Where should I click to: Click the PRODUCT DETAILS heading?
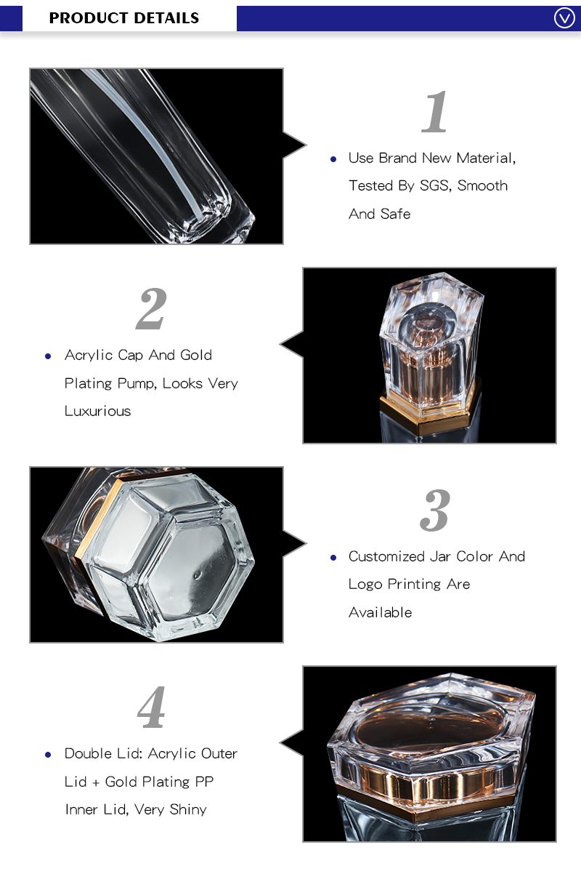click(x=124, y=18)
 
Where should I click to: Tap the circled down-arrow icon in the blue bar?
click(x=564, y=18)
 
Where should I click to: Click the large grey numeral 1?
click(x=435, y=112)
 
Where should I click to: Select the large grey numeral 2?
click(x=151, y=309)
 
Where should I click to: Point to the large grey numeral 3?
click(x=435, y=510)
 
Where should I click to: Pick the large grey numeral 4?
click(x=152, y=707)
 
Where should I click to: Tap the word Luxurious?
click(x=97, y=411)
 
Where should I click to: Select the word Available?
click(x=381, y=613)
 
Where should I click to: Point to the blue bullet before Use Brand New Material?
click(x=333, y=159)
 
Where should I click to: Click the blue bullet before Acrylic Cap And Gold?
click(x=48, y=357)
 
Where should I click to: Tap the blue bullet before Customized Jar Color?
click(x=333, y=558)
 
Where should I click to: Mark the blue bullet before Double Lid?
click(x=48, y=755)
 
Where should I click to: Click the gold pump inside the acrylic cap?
click(x=428, y=354)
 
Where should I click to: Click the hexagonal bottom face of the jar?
click(x=197, y=571)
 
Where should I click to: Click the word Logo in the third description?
click(x=365, y=585)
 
